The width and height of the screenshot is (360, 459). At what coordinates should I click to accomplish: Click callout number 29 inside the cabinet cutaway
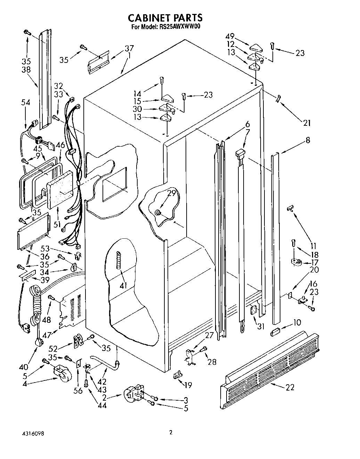coord(172,194)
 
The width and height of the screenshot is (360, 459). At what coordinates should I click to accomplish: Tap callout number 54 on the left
coord(25,103)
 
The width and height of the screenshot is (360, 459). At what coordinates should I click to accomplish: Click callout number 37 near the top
coord(129,48)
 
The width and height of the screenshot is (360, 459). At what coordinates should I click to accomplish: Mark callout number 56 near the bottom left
coord(79,391)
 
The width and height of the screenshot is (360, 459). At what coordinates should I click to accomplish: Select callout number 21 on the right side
coord(307,123)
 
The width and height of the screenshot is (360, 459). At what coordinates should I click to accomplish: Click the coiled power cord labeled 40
coord(35,306)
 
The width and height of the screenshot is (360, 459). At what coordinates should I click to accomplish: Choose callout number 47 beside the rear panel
coord(47,335)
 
